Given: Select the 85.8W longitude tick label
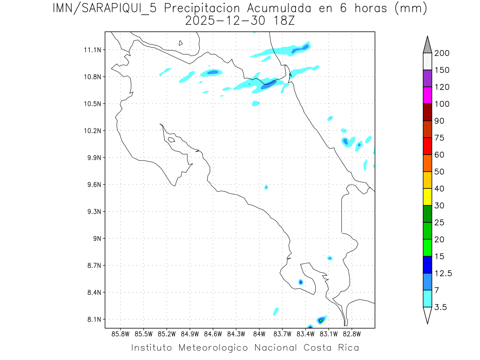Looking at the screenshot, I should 120,334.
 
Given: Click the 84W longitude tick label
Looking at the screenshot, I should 259,334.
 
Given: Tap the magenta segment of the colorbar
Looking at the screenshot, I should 427,95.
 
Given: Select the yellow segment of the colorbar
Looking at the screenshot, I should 427,197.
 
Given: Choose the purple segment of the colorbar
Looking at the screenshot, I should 427,78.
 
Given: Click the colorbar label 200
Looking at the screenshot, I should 442,53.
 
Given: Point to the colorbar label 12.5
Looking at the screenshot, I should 443,273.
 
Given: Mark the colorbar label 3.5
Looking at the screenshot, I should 440,307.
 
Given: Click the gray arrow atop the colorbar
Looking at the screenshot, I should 427,45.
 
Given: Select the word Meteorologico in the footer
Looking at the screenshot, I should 216,348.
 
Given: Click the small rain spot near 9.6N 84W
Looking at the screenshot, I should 266,187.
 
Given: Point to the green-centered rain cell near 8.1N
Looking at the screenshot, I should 321,320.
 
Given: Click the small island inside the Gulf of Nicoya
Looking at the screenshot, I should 171,140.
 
